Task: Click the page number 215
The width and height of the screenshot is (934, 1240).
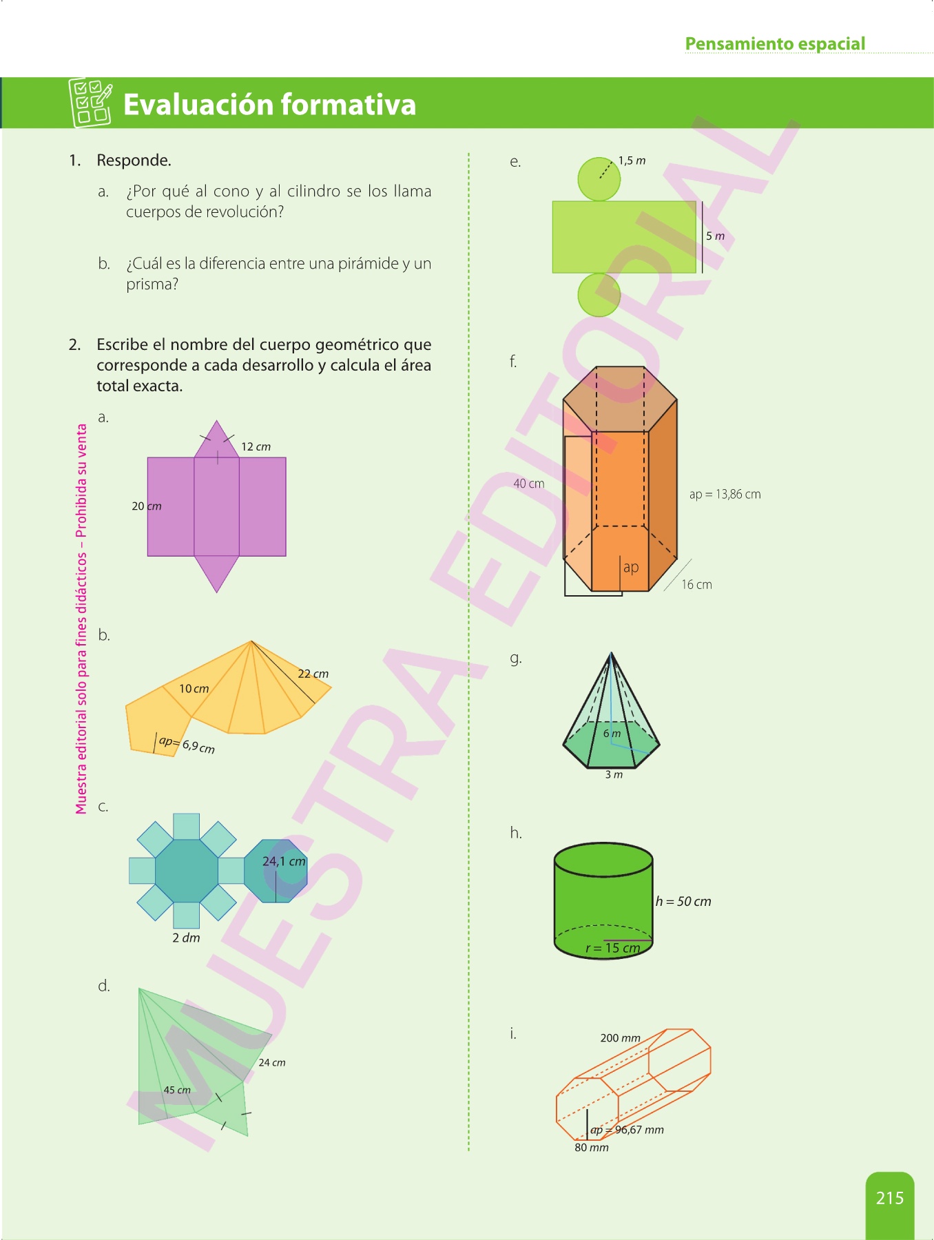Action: coord(889,1198)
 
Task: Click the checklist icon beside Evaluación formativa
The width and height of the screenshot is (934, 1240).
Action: coord(90,103)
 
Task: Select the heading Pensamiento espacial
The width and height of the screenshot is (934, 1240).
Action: coord(775,43)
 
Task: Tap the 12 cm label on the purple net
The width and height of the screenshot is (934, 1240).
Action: coord(256,446)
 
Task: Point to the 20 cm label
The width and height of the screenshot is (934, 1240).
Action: coord(147,506)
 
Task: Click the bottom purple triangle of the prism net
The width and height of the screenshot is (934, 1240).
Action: coord(217,573)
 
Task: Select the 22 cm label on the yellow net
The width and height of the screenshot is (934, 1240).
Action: coord(313,674)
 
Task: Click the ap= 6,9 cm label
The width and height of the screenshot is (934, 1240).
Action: coord(187,745)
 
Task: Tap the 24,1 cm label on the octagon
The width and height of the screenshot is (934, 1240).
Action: coord(284,861)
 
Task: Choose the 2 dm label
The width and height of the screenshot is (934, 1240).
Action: coord(186,938)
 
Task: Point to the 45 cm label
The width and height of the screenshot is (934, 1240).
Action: coord(177,1090)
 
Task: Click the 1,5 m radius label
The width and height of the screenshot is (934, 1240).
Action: coord(632,161)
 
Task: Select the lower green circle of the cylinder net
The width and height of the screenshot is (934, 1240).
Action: coord(599,295)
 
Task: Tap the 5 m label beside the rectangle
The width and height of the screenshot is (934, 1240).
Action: coord(715,236)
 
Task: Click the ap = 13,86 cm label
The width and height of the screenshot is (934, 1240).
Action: coord(725,494)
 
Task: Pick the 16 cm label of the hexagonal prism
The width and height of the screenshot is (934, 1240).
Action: coord(696,584)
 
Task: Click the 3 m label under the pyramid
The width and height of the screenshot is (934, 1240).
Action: coord(614,774)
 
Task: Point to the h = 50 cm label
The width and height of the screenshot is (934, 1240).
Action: coord(683,901)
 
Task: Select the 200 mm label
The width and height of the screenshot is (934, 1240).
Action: coord(620,1037)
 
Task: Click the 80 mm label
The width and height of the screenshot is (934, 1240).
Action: coord(592,1147)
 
